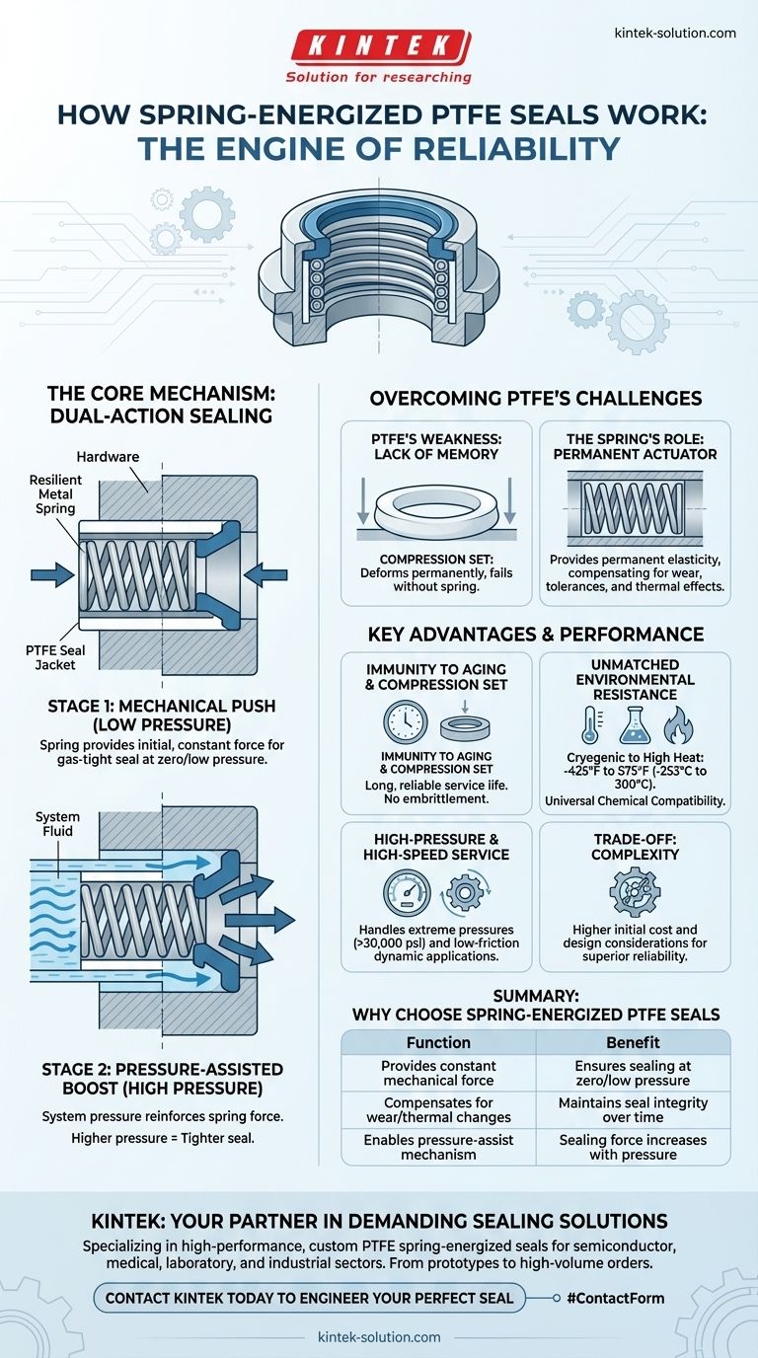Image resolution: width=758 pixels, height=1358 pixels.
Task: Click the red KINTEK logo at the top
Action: click(379, 46)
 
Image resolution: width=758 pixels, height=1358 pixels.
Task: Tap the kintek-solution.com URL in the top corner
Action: click(675, 33)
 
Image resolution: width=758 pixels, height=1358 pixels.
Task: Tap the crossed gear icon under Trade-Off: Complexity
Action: click(634, 891)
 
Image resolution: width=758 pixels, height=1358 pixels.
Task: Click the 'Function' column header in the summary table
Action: click(437, 1042)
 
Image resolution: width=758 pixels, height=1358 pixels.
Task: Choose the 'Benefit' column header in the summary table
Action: click(633, 1042)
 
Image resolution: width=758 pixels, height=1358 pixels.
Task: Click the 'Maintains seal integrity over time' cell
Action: click(633, 1109)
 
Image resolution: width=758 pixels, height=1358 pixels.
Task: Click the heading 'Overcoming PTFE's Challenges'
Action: click(535, 399)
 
